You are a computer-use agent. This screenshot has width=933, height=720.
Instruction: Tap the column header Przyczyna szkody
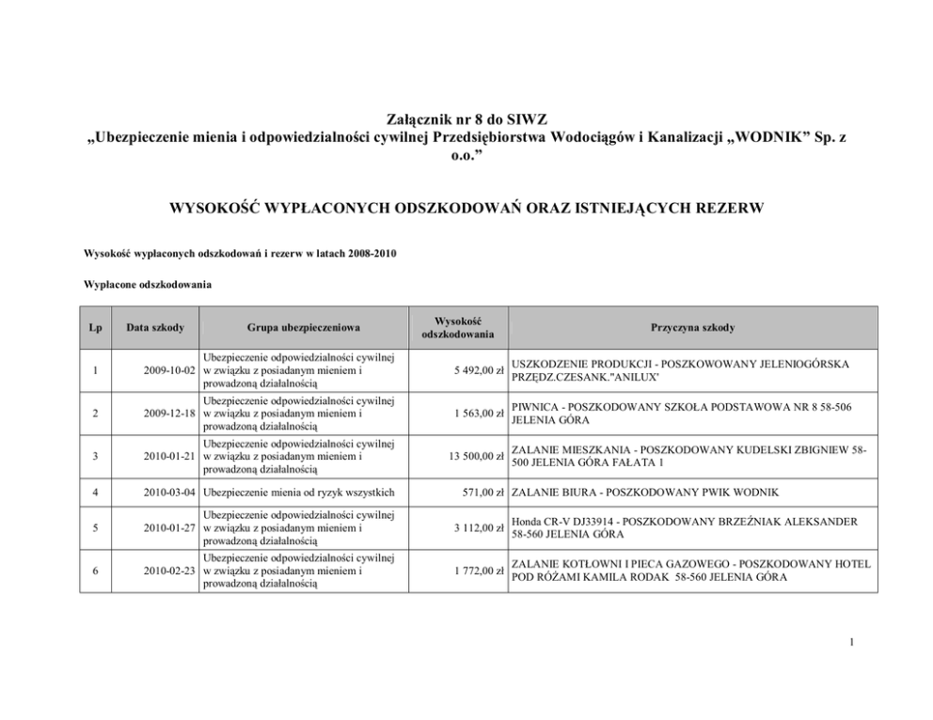pyautogui.click(x=692, y=327)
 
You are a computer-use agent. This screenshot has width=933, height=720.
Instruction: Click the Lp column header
pyautogui.click(x=96, y=327)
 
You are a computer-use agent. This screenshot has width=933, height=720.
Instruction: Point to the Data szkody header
pyautogui.click(x=155, y=327)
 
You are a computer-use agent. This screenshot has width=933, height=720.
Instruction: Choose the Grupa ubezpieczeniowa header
pyautogui.click(x=303, y=327)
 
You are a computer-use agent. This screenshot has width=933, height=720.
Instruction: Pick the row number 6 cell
pyautogui.click(x=96, y=571)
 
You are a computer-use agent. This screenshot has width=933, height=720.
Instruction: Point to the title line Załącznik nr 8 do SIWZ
pyautogui.click(x=466, y=120)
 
